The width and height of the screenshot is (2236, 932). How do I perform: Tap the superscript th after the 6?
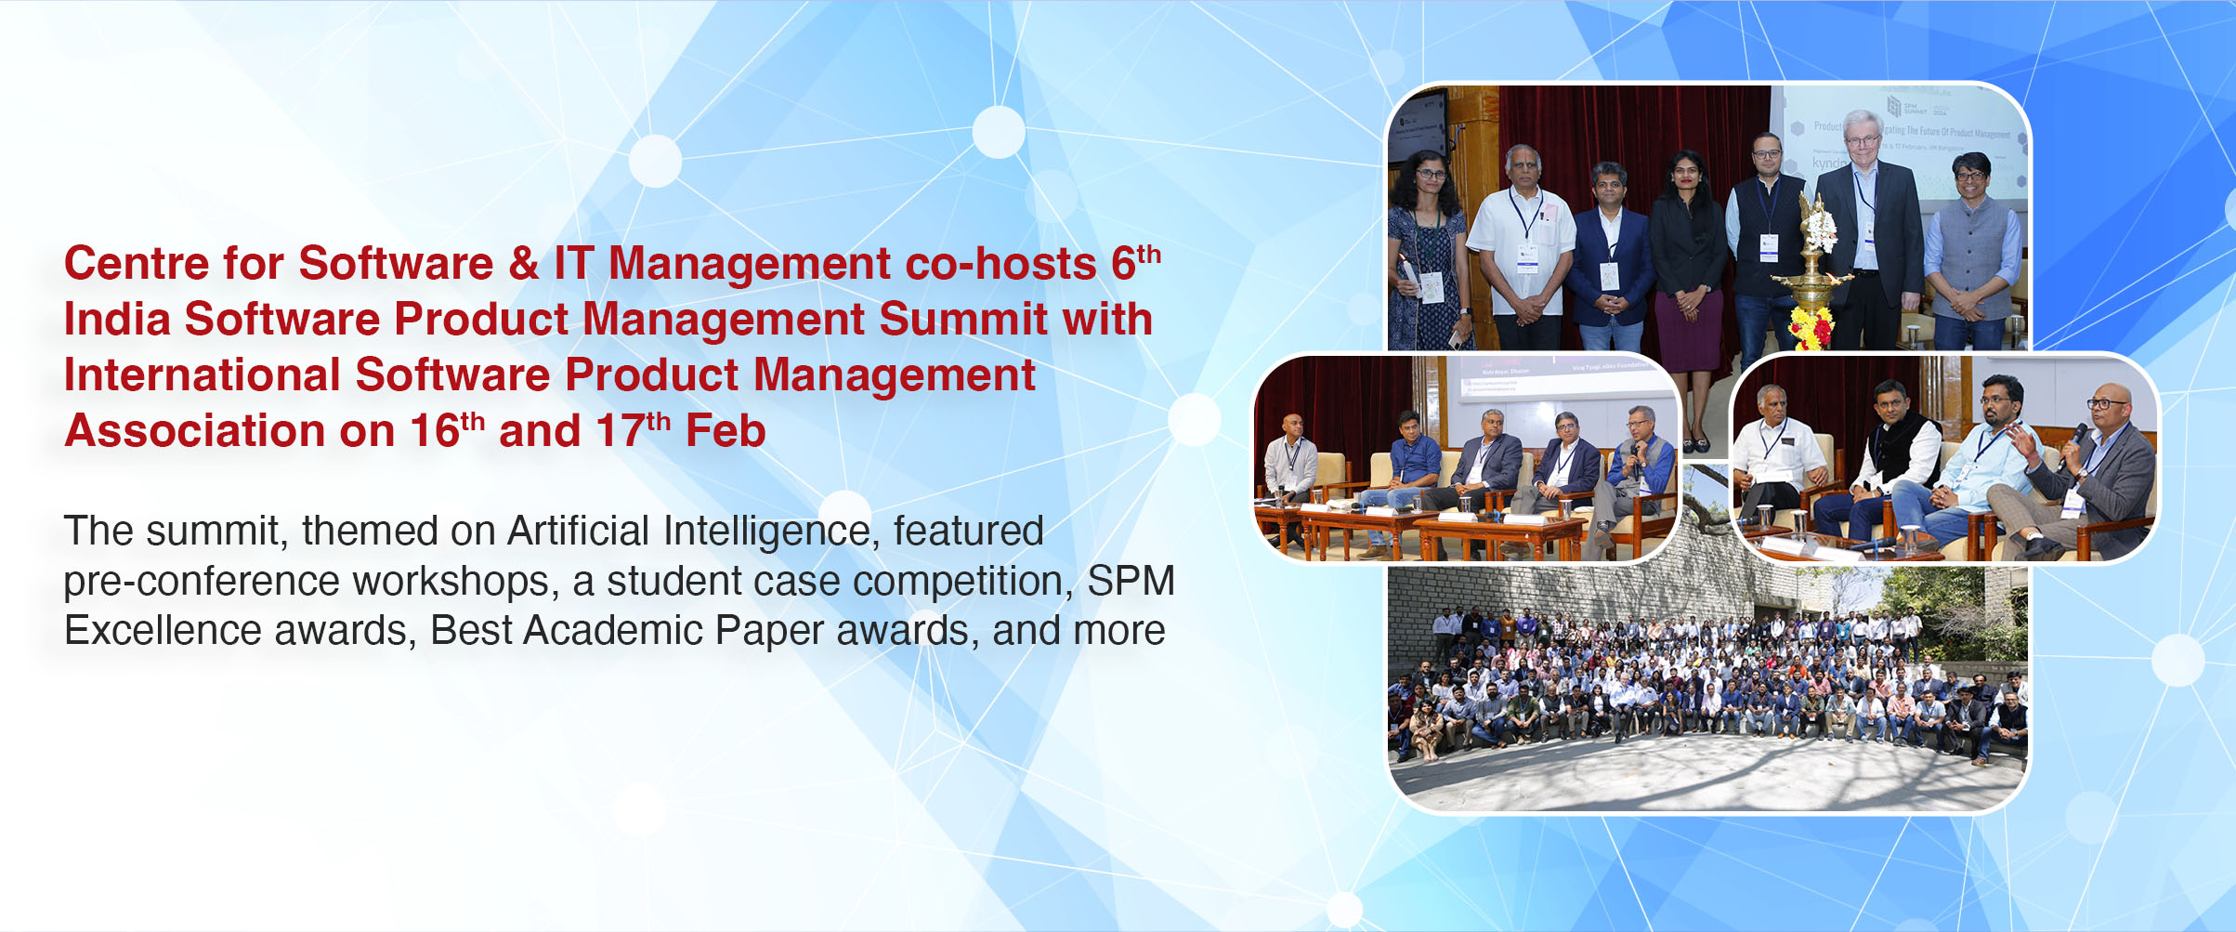(x=1149, y=254)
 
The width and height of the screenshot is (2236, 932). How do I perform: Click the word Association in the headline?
(x=194, y=431)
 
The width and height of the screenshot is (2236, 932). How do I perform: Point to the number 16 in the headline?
(x=434, y=431)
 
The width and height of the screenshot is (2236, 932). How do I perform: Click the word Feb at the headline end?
(x=725, y=431)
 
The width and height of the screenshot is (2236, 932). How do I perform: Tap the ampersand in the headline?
(x=523, y=264)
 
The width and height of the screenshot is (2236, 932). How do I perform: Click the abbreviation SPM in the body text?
(x=1131, y=582)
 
